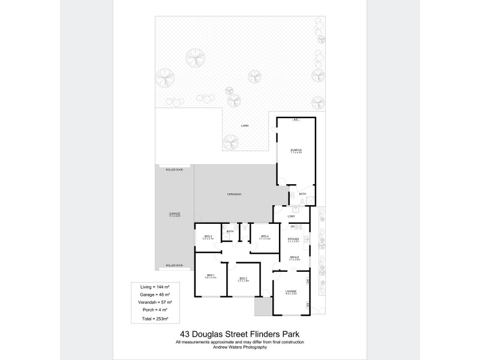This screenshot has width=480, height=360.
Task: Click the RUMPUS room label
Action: click(x=295, y=150)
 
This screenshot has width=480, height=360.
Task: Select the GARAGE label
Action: click(x=175, y=214)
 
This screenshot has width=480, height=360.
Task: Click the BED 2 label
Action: click(x=243, y=279)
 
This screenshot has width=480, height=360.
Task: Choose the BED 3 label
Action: click(x=208, y=237)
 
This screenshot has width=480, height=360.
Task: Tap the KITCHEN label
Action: click(x=293, y=239)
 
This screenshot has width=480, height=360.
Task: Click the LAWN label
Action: click(x=244, y=126)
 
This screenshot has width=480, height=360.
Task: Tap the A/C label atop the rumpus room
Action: click(x=296, y=120)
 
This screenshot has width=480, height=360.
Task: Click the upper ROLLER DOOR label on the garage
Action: click(x=175, y=170)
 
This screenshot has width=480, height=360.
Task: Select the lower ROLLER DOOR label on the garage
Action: click(x=175, y=265)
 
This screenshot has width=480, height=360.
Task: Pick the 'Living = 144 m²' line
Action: click(x=155, y=287)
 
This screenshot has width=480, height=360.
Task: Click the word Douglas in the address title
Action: click(x=211, y=335)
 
